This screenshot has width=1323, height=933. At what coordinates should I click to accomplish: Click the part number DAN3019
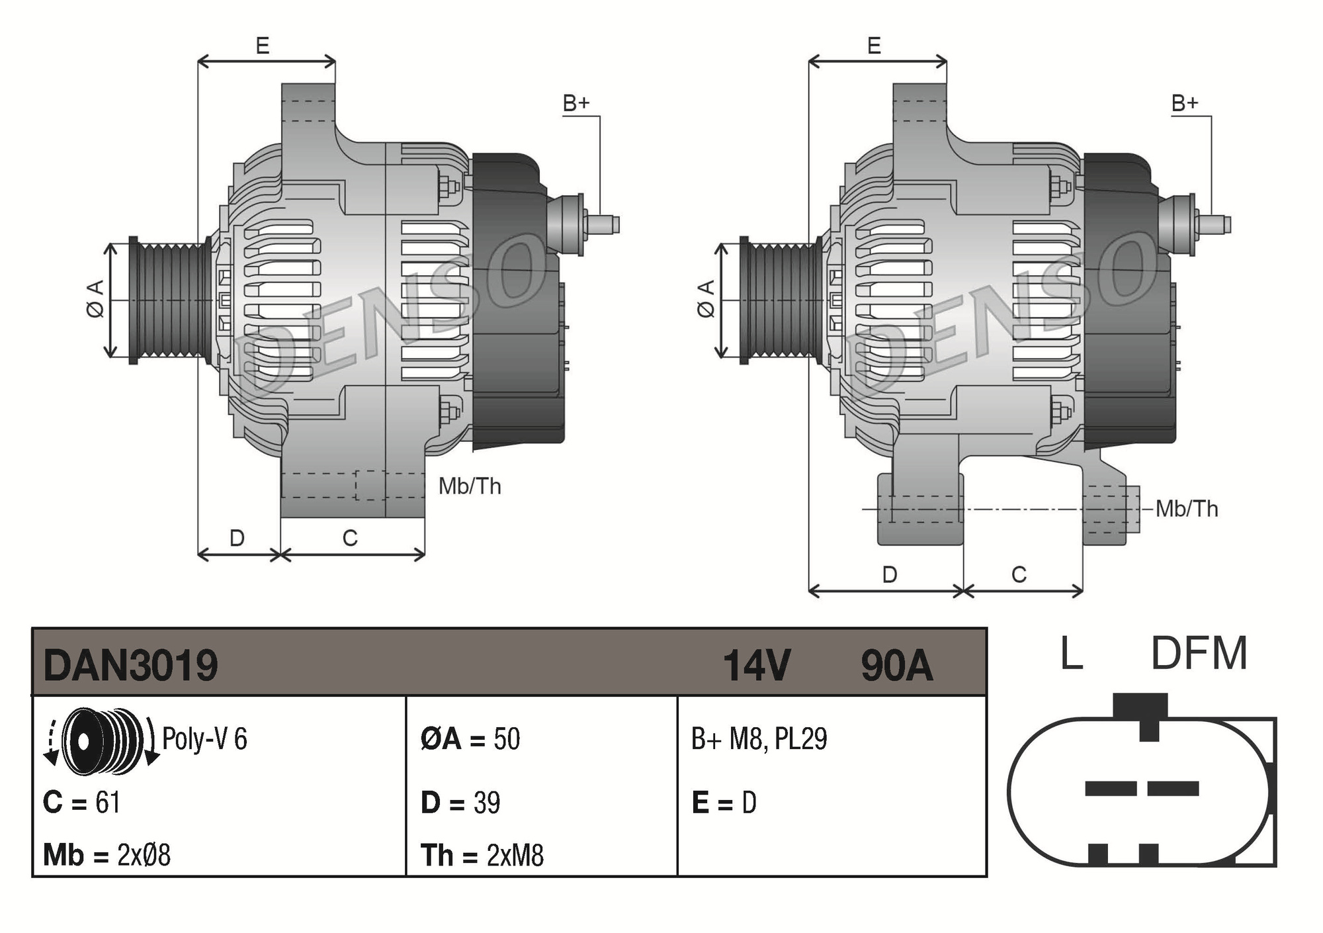pos(130,665)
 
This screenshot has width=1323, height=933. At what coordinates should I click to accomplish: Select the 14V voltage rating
pos(756,665)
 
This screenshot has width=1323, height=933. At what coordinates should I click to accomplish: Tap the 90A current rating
pos(896,665)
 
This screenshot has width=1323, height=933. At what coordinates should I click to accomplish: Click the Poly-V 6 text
pos(204,738)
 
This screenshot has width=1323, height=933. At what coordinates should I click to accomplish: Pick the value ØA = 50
pos(470,738)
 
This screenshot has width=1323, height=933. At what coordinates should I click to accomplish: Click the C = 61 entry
pos(81,803)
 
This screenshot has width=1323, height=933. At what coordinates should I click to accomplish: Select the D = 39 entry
pos(460,803)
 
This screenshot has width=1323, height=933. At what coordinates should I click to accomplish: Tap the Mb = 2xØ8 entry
pos(107,855)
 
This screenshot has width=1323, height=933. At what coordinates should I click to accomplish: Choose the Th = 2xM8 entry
pos(482,855)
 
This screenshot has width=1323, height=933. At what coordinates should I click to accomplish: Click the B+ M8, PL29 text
pos(759,738)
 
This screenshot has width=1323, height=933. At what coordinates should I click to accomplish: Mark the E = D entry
pos(724,803)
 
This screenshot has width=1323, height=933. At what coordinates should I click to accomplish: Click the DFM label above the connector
pos(1199,654)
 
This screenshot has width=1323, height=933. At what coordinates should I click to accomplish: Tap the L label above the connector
pos(1072,654)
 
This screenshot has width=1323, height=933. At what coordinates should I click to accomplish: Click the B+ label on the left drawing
pos(576,103)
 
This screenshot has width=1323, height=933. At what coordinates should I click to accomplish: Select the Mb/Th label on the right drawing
pos(1187,509)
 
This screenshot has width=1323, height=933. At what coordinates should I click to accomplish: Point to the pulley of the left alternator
pos(169,300)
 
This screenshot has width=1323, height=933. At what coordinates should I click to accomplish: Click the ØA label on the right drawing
pos(706,299)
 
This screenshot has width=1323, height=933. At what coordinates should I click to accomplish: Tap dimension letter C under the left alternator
pos(350,538)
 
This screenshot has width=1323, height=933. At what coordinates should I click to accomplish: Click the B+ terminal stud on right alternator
pos(1216,224)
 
